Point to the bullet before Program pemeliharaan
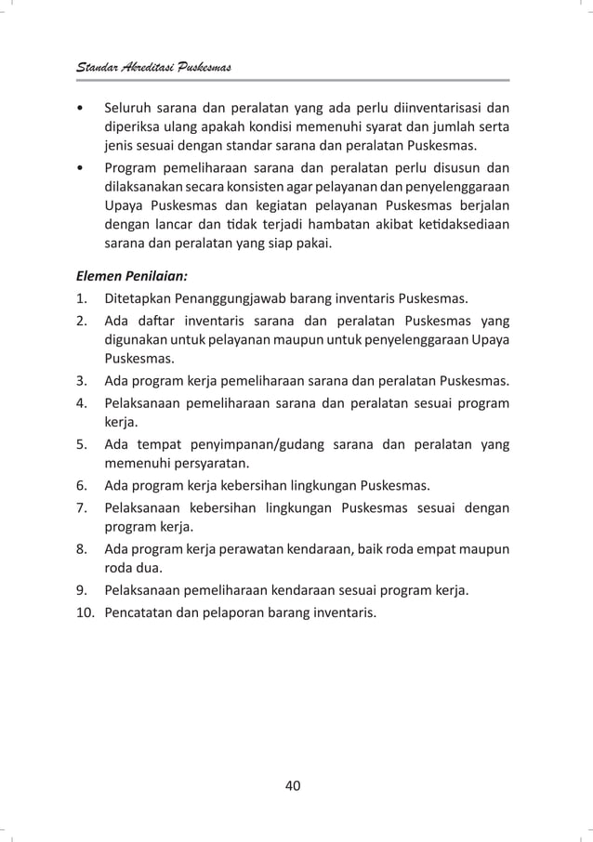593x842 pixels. (82, 168)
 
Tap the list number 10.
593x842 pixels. (86, 612)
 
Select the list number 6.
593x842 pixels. (83, 485)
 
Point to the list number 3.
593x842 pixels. (83, 379)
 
